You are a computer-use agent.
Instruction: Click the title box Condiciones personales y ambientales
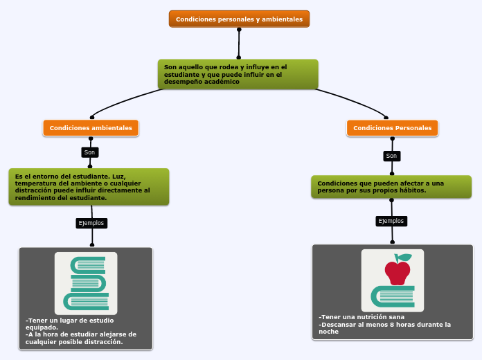(239, 19)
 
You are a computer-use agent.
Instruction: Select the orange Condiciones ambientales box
(91, 128)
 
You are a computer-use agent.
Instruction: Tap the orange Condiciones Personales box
(392, 128)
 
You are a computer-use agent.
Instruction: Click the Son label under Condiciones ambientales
(89, 152)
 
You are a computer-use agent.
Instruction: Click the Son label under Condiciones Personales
(391, 156)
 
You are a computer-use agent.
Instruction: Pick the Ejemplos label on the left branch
(91, 223)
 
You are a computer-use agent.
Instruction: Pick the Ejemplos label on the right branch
(391, 221)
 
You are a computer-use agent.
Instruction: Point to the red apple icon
(398, 273)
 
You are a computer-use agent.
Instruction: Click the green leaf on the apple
(404, 258)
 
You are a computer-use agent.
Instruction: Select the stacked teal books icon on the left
(86, 283)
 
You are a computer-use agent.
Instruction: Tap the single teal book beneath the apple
(393, 296)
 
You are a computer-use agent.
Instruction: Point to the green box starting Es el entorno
(89, 187)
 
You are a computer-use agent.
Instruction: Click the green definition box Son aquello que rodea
(238, 74)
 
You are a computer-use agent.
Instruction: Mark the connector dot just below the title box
(239, 30)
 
